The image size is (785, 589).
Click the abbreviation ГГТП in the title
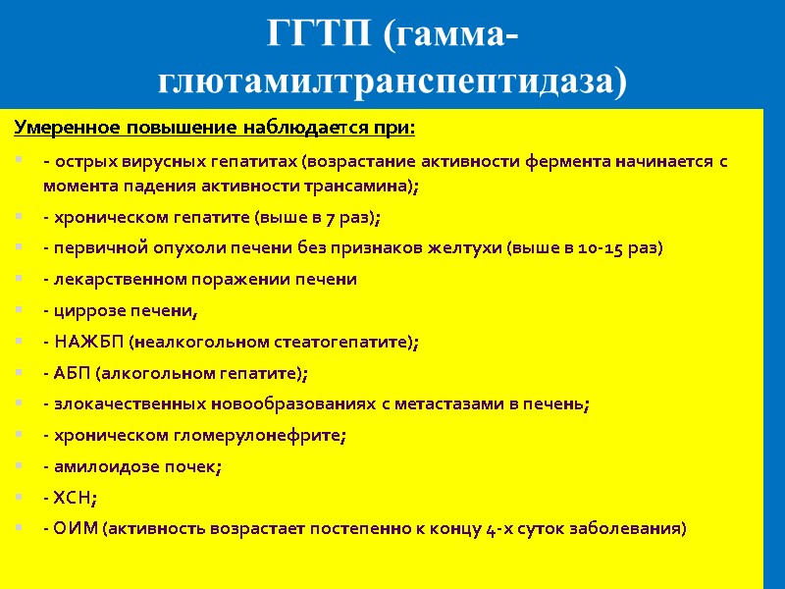pos(320,35)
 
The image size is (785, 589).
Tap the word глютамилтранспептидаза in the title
pos(392,80)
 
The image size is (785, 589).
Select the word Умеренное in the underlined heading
pos(66,128)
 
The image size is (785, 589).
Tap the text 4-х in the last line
pos(502,529)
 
